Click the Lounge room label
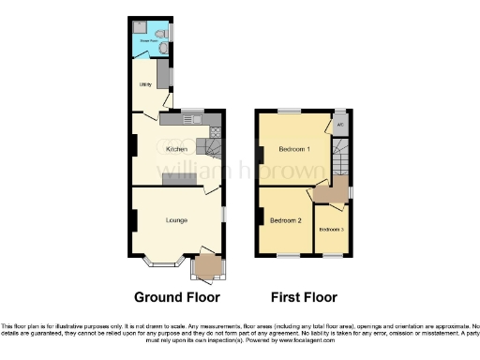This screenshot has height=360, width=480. point(176,220)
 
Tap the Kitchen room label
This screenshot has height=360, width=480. point(176,149)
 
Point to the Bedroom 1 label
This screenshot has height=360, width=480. point(294,148)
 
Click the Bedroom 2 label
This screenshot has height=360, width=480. point(285,220)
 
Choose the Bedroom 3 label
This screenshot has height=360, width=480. point(331,230)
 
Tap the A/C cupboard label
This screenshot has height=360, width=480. point(339,125)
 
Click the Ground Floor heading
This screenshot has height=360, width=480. point(177,297)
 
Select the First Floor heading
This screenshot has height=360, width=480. point(304,297)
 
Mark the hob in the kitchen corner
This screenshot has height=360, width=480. point(215,130)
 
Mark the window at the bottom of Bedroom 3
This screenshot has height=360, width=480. point(332,255)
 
